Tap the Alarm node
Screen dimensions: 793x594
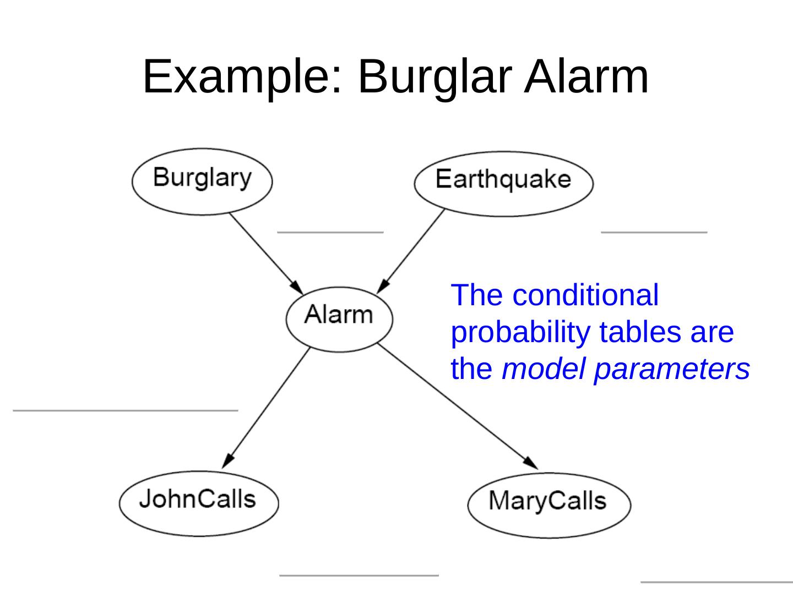tap(339, 318)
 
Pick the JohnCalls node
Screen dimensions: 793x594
tap(199, 503)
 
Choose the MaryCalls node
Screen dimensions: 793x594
tap(549, 504)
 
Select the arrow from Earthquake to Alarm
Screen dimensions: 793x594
tap(412, 250)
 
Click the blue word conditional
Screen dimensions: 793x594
tap(585, 295)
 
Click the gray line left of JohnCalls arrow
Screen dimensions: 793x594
tap(125, 410)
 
